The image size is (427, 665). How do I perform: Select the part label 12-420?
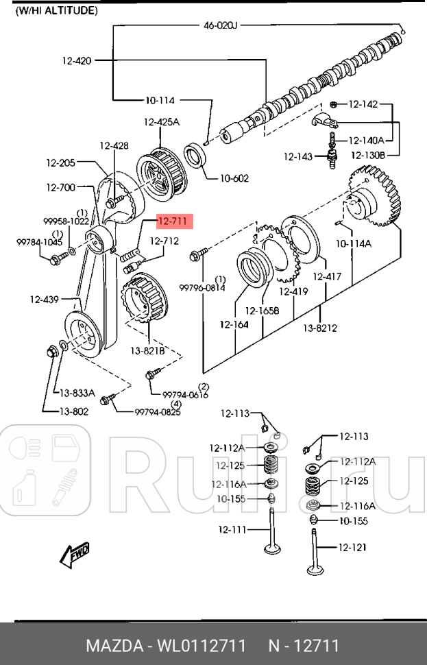point(76,60)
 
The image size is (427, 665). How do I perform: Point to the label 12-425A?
point(161,123)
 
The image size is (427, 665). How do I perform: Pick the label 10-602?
point(234,178)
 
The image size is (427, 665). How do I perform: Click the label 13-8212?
point(320,328)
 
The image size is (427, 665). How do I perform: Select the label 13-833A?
point(77,393)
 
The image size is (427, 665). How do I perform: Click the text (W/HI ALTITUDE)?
point(56,11)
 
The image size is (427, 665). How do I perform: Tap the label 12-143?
point(298,157)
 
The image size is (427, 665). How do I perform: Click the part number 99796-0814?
point(202,288)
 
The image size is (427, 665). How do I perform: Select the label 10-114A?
point(353,243)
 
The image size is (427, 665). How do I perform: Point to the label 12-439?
point(44,299)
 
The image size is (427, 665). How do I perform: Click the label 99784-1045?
point(39,242)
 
